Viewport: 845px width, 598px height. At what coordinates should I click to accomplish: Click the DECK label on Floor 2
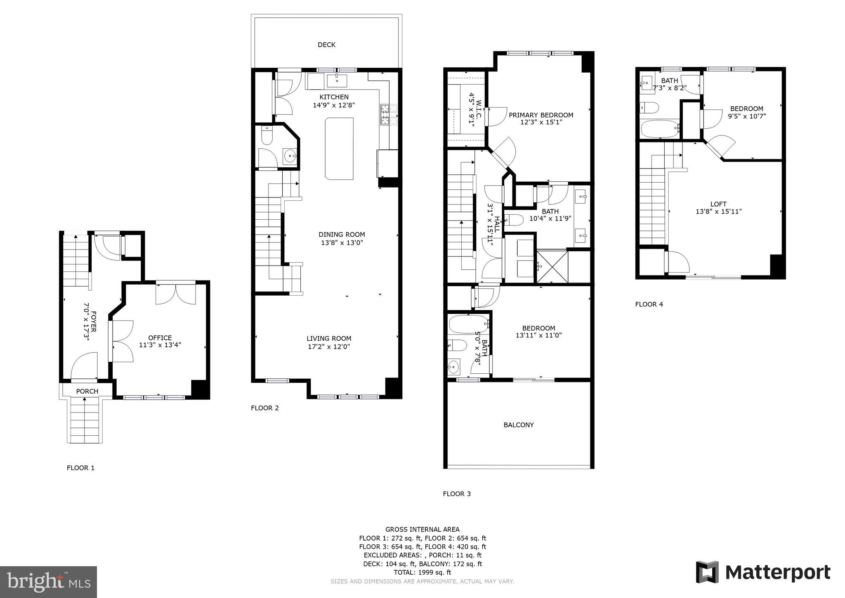pos(326,45)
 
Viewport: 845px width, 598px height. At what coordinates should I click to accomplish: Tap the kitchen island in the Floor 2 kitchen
pos(339,149)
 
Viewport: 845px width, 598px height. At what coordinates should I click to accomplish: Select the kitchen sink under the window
pos(337,81)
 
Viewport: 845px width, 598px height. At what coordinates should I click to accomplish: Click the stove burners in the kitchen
pos(389,115)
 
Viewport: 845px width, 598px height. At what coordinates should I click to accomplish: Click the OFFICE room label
pos(160,338)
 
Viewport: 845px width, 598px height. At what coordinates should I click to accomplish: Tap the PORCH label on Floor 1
pos(87,391)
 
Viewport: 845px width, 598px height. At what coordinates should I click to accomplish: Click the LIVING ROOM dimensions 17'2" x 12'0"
pos(329,347)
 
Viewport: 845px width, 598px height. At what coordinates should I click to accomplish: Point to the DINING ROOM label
pos(342,235)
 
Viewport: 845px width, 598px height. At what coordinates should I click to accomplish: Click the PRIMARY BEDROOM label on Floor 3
pos(541,115)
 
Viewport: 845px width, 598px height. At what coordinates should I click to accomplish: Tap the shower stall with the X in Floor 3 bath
pos(552,266)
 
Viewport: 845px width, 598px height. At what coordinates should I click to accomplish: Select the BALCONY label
pos(518,425)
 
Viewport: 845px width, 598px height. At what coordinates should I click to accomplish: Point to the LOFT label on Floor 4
pos(718,204)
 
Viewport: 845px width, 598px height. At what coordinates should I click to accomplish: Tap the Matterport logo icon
pos(707,572)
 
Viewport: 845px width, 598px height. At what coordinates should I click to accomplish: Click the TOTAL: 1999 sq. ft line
pos(422,572)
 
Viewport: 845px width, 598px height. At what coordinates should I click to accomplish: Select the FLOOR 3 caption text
pos(456,494)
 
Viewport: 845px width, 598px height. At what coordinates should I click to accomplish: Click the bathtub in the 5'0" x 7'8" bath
pos(468,325)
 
